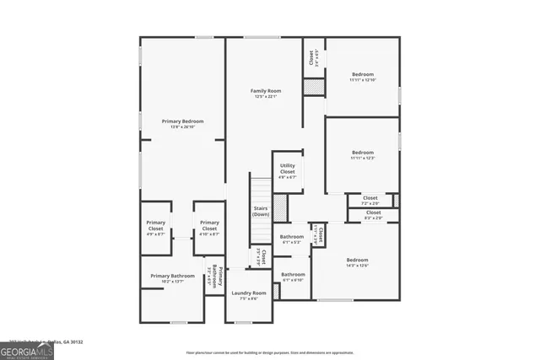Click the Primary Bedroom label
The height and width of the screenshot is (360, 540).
182,121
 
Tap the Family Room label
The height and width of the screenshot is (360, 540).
266,90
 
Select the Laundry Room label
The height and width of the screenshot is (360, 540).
249,293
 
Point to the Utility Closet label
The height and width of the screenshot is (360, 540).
288,169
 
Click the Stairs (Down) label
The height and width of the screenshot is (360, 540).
261,211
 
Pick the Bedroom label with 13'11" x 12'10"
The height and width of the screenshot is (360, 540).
363,74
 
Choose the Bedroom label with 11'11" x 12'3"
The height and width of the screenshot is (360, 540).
363,153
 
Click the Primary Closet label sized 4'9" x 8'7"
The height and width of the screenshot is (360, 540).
155,226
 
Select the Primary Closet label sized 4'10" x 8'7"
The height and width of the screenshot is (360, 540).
209,226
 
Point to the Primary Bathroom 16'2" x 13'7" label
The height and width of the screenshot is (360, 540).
172,276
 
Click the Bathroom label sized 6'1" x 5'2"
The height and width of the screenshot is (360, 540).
292,237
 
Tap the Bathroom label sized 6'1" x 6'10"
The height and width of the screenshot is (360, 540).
293,274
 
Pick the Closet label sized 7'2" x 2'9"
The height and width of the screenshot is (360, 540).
370,198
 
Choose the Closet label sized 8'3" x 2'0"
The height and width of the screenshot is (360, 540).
373,212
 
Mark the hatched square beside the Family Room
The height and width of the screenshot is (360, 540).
314,87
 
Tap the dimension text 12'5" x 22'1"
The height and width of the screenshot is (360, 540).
266,96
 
